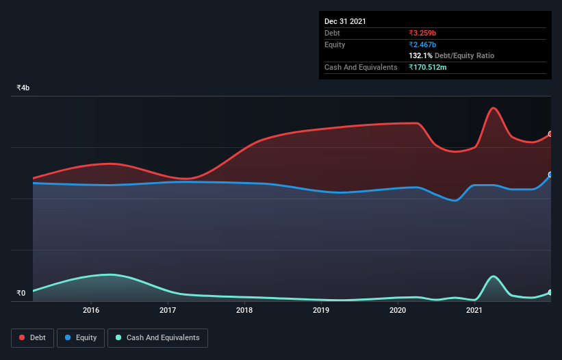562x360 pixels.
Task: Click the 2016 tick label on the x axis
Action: [x=91, y=311]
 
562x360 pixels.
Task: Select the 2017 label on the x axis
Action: [x=168, y=311]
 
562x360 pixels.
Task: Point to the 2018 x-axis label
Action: [x=244, y=311]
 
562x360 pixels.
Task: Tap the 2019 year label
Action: [x=321, y=311]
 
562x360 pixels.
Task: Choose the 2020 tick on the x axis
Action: [x=398, y=311]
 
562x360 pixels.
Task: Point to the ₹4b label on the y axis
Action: [x=23, y=88]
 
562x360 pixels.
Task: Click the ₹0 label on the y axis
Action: [x=21, y=294]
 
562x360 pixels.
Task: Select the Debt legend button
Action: [x=32, y=337]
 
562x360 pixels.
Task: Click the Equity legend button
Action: [x=81, y=337]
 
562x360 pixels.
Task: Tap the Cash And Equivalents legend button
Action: [x=157, y=337]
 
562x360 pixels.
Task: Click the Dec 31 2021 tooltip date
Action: [x=345, y=21]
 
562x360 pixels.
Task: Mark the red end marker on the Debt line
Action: [x=550, y=134]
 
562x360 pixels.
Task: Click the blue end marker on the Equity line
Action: [x=550, y=175]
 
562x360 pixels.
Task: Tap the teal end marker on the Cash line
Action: [x=550, y=292]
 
